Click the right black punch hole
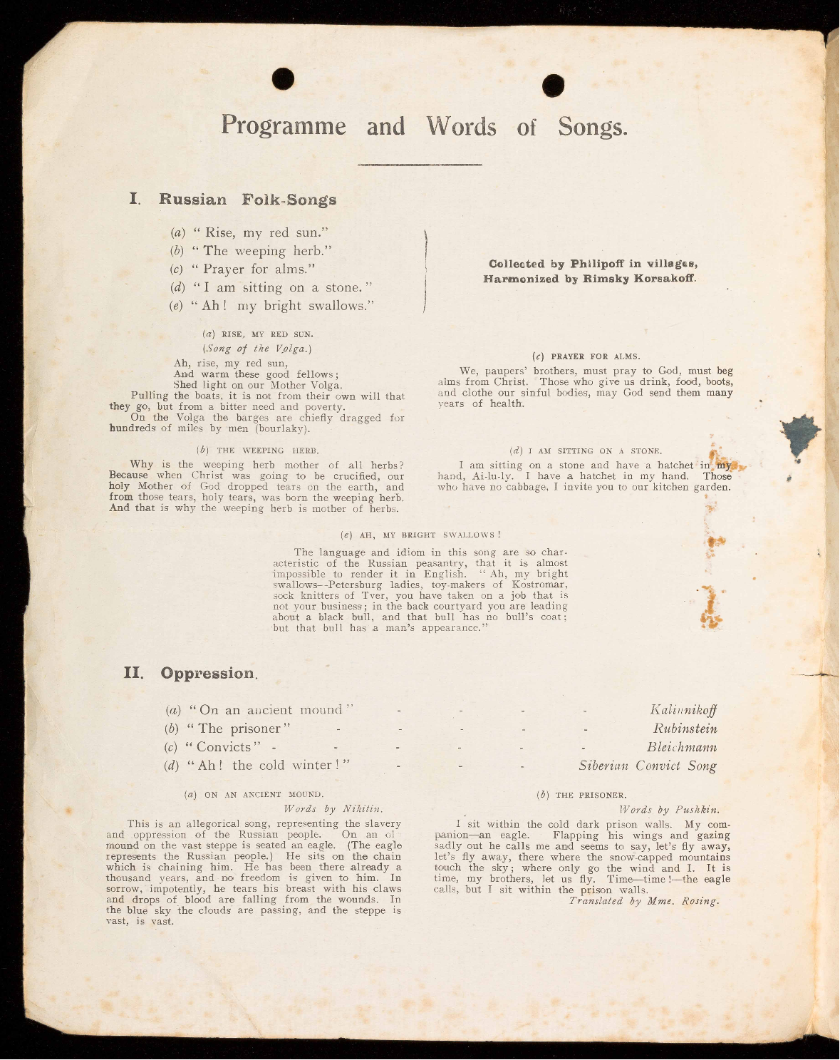point(553,86)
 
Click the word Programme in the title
point(284,125)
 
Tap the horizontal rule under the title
point(420,165)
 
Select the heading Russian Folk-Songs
point(247,200)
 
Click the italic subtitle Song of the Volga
point(257,349)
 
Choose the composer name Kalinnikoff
point(683,710)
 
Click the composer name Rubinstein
point(685,729)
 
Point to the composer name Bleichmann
point(681,747)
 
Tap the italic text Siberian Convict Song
point(647,766)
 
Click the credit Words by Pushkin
point(669,810)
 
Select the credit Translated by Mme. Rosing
point(643,901)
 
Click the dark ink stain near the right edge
point(800,433)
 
